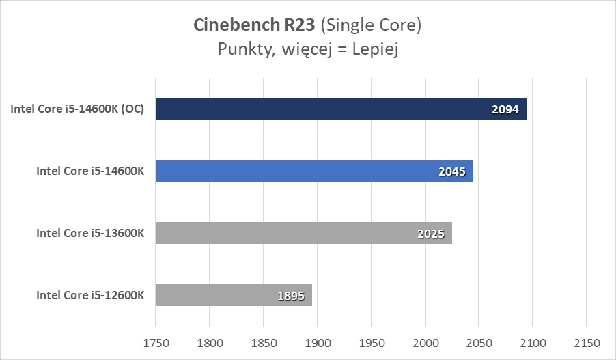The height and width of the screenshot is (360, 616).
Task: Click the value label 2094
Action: point(505,109)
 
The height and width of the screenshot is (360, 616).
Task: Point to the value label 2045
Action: point(451,171)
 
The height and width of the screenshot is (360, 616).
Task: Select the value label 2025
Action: point(430,234)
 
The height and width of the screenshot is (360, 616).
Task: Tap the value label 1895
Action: point(291,296)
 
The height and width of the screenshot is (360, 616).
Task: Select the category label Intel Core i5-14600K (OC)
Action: point(77,109)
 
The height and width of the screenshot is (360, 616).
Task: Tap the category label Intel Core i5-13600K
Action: point(90,234)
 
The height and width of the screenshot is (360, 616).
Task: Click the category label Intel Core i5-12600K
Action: point(90,296)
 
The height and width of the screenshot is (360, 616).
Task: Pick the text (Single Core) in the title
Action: point(370,26)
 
